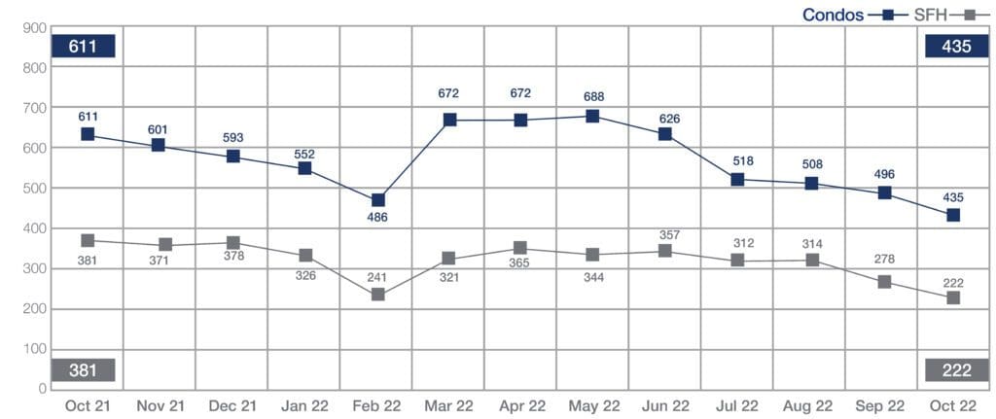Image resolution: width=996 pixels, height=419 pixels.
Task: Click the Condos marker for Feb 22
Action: pos(377,200)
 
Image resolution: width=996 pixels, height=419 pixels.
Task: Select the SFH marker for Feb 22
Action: pos(377,295)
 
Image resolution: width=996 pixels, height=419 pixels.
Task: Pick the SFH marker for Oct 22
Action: pos(953,297)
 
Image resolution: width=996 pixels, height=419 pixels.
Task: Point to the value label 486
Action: pos(377,218)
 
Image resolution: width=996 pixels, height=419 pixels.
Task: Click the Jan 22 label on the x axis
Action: pos(303,404)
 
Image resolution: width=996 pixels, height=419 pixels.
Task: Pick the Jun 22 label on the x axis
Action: pos(665,404)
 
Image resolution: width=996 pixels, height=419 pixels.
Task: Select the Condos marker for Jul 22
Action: pos(737,180)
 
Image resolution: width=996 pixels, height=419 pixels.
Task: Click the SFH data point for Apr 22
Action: pos(520,249)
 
